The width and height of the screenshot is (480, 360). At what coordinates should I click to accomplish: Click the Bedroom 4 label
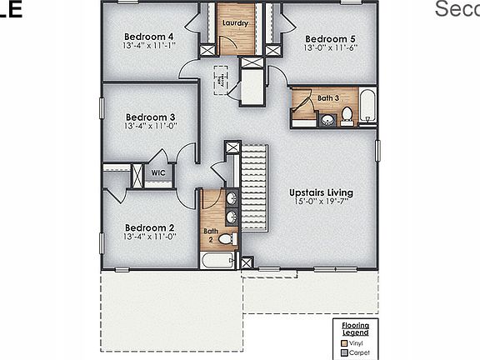(x=148, y=37)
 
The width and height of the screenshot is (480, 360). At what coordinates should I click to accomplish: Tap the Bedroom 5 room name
(x=330, y=39)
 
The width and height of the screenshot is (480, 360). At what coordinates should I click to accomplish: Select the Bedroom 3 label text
(x=150, y=117)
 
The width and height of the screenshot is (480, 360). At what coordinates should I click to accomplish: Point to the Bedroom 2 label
(x=149, y=227)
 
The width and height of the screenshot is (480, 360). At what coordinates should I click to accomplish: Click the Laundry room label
(x=237, y=23)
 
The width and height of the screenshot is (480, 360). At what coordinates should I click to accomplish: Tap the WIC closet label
(x=157, y=173)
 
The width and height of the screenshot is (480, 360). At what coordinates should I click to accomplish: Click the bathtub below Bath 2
(x=218, y=261)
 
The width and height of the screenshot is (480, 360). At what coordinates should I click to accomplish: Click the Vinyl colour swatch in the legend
(x=343, y=342)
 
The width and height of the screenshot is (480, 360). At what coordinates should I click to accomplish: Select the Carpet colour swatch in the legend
(x=343, y=352)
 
